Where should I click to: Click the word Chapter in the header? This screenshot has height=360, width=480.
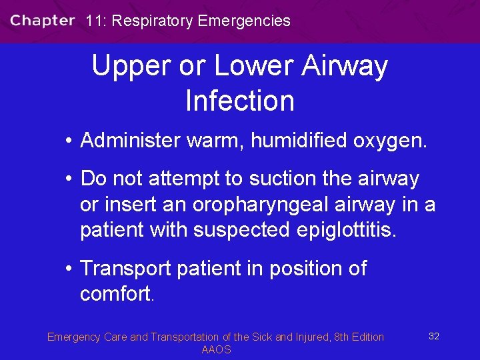(x=42, y=20)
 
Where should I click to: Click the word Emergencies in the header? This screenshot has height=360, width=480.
(x=244, y=21)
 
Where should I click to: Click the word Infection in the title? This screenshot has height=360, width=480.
(x=240, y=101)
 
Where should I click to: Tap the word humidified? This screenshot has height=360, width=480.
(x=294, y=141)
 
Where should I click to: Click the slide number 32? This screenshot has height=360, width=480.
(x=433, y=336)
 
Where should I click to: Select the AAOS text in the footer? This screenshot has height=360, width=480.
(x=216, y=350)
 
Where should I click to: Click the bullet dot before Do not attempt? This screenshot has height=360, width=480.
(x=69, y=179)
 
